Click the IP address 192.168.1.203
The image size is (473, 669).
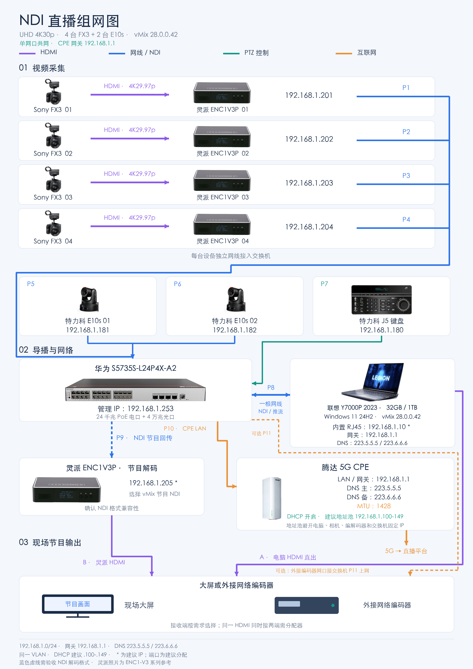tap(309, 183)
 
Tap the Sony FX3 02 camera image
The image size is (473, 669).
tap(53, 136)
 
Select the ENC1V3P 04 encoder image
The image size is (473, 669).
tap(222, 224)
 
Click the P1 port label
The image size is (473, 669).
tap(406, 88)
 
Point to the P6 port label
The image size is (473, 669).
tap(178, 284)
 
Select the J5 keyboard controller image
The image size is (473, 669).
tap(381, 300)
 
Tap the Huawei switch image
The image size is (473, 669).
tap(136, 390)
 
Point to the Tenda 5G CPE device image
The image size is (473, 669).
tap(272, 498)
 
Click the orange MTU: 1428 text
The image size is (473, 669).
tap(374, 506)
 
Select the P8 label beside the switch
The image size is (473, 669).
tap(271, 388)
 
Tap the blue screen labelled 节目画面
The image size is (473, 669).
tap(78, 604)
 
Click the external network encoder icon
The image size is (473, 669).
tap(306, 605)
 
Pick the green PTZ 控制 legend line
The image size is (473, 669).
tap(231, 54)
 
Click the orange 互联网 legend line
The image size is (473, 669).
tap(344, 54)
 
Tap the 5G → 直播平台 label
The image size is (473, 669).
tap(406, 551)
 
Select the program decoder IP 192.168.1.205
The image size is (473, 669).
tap(151, 483)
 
